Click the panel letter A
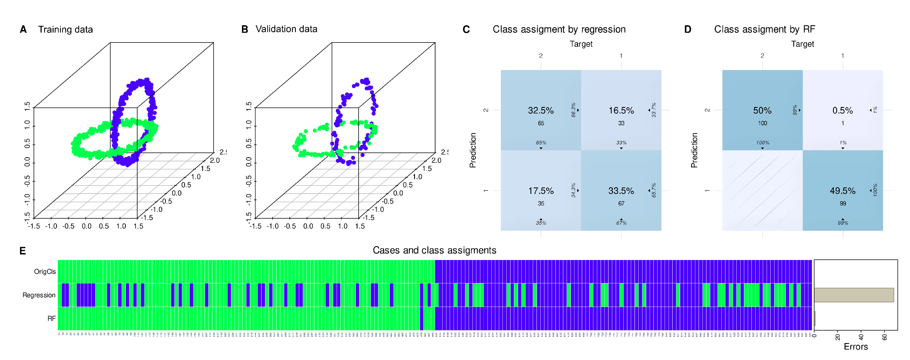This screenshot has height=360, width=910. [x=23, y=29]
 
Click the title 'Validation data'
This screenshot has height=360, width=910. [x=286, y=29]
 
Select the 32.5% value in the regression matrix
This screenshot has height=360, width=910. [x=541, y=111]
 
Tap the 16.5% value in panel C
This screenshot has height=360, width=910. [x=621, y=111]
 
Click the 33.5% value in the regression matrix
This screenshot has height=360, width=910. [x=621, y=191]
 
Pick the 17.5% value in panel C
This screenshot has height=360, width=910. [x=541, y=191]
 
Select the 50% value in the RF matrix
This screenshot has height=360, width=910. [x=762, y=111]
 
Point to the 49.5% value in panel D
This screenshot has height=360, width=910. [x=842, y=191]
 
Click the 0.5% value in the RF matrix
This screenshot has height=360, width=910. [x=842, y=111]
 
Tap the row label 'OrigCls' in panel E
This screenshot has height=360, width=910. [x=45, y=271]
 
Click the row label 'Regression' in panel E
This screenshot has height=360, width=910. [x=39, y=295]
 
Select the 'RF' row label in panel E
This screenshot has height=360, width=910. [x=52, y=318]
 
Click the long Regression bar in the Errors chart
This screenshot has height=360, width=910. [x=854, y=295]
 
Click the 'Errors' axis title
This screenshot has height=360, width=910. [x=856, y=347]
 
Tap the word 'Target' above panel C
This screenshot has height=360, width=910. [x=581, y=44]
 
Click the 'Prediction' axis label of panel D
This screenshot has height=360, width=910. [x=694, y=150]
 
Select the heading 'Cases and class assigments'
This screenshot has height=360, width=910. [x=434, y=250]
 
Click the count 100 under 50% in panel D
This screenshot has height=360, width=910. [x=762, y=123]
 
